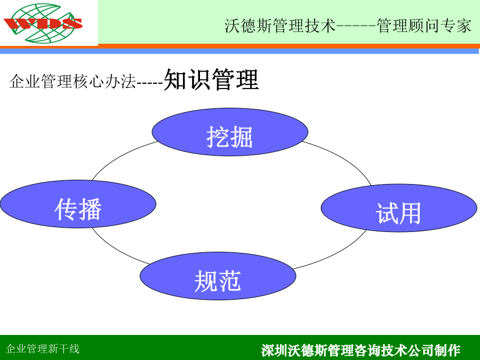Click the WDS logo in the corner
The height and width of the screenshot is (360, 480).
[x=43, y=23]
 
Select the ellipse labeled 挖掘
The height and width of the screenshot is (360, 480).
[x=230, y=132]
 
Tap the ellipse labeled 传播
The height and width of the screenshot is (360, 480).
[x=78, y=204]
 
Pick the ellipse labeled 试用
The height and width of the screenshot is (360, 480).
[x=399, y=208]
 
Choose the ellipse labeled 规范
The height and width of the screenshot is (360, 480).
[x=218, y=276]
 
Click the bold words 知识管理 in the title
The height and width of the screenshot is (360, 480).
[x=211, y=79]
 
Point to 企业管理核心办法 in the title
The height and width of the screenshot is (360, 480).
[x=73, y=82]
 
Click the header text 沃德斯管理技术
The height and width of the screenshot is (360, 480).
[x=280, y=26]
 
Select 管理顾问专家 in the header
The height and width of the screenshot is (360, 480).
[x=424, y=26]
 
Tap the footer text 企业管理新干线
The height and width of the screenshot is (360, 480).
[x=43, y=349]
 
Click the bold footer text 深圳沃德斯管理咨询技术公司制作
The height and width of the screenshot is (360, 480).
[x=361, y=350]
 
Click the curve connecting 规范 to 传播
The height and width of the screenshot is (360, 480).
[x=117, y=249]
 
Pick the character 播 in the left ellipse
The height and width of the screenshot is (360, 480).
[x=90, y=209]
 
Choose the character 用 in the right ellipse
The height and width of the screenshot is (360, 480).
[x=410, y=213]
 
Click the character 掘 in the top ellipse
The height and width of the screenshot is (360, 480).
[x=242, y=137]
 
